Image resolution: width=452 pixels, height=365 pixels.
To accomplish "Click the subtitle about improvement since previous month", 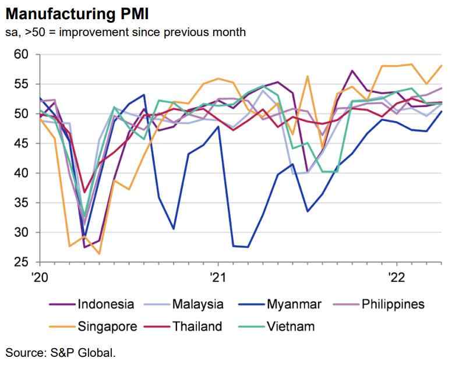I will coord(125,31).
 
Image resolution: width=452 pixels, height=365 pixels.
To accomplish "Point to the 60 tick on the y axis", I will coord(22,55).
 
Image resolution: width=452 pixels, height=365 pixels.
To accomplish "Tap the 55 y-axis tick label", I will coord(22,84).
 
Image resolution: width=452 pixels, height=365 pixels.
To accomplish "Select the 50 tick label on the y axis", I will coord(22,114).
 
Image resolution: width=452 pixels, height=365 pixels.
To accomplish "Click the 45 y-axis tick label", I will coord(22,144).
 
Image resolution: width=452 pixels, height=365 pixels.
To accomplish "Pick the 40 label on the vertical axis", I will coord(22,173).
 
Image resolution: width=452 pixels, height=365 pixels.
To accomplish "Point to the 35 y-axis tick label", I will coord(22,203).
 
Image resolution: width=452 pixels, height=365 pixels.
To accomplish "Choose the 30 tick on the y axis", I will coord(22,233).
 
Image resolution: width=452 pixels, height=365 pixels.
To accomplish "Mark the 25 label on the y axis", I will coord(22,263).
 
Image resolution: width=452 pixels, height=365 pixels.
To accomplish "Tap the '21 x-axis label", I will coord(217,277).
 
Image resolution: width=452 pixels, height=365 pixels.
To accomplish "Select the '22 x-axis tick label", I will coord(397,277).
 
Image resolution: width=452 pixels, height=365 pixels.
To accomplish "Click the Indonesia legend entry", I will coord(105,304).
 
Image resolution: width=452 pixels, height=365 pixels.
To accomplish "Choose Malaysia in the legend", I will coord(197,304).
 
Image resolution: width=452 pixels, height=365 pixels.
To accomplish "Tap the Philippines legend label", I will coord(391,304).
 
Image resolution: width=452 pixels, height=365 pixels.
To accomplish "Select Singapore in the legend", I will coord(107,326).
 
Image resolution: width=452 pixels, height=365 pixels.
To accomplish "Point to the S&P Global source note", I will coord(61,352).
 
